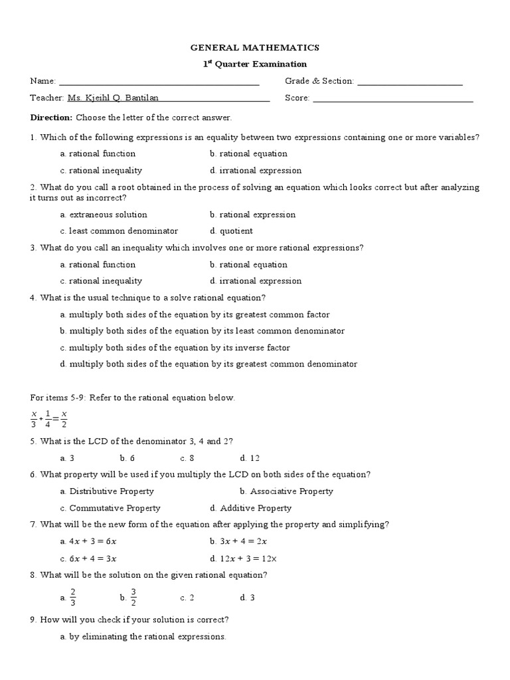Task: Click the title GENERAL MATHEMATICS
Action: tap(255, 48)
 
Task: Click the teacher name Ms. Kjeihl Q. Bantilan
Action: tap(113, 98)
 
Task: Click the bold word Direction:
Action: tap(51, 118)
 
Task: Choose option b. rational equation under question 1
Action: tap(248, 154)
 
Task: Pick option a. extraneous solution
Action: tap(104, 215)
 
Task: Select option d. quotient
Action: tap(231, 232)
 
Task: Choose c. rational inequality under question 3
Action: tap(101, 282)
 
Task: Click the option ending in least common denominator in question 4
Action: tap(202, 331)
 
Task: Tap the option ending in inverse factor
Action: tap(175, 348)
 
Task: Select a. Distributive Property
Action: tap(106, 491)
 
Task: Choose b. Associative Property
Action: tap(287, 491)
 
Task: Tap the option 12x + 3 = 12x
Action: tap(242, 558)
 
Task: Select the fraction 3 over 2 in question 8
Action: tap(133, 597)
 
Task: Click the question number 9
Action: tap(33, 620)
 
